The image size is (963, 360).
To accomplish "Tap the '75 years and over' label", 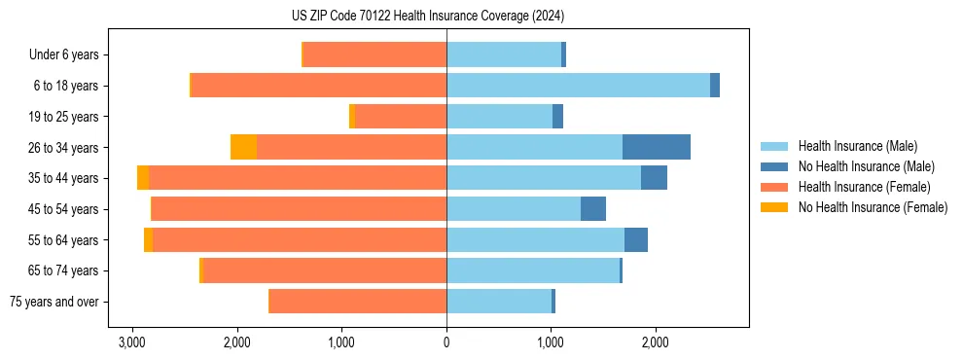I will point(54,302).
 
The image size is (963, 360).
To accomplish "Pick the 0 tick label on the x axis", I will point(446,342).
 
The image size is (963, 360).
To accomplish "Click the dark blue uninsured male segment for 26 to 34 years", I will point(657,147).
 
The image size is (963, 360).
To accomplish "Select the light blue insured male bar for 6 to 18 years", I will point(578,86).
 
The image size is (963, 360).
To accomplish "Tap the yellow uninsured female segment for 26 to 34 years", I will point(243,147).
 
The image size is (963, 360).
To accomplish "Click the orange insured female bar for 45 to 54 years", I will point(300,209).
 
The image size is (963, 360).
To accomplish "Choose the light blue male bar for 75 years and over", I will point(499,302).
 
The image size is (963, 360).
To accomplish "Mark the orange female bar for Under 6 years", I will point(375,54).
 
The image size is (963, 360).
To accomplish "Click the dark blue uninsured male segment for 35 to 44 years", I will point(654,178).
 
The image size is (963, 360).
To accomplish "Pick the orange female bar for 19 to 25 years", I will point(401,117).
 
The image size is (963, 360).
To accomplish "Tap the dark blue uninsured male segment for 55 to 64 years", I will point(636,239).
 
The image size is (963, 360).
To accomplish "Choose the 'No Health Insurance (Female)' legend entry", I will point(872,207).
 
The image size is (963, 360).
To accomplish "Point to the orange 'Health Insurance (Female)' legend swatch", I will point(774,187).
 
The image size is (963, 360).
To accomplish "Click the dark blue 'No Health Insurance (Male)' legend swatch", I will point(774,166).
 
